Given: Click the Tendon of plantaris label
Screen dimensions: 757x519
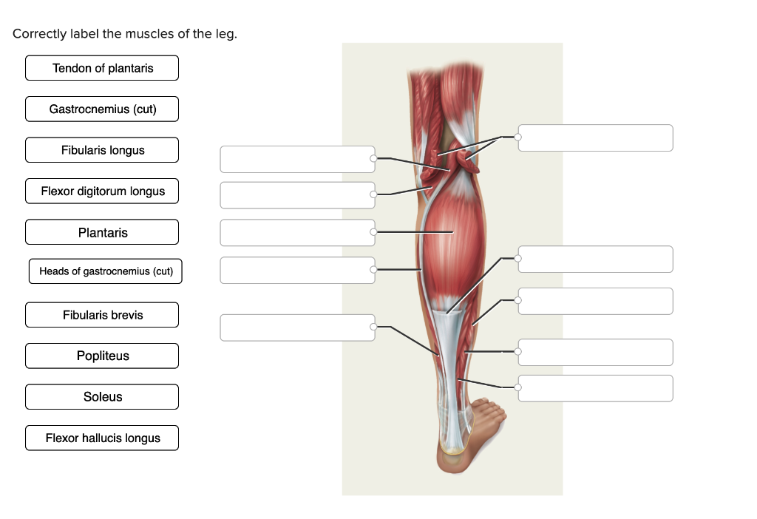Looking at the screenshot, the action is point(102,68).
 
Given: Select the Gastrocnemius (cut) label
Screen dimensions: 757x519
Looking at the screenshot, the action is point(102,109).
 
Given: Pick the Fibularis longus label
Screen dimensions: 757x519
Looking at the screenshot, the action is point(102,150).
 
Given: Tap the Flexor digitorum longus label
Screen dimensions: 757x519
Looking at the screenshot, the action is point(102,191).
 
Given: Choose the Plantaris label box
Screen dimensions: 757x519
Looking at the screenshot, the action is point(102,233).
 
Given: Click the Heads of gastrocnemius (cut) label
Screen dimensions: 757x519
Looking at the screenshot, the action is point(106,271).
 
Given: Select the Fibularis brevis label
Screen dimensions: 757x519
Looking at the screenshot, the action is point(102,315).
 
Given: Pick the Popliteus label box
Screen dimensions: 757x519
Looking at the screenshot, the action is point(102,356).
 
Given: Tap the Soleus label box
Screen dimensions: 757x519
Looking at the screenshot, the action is point(102,397).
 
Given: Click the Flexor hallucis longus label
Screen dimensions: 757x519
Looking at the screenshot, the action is point(102,438).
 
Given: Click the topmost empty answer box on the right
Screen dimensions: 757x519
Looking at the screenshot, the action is point(596,138).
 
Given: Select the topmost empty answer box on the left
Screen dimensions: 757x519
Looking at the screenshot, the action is point(297,159).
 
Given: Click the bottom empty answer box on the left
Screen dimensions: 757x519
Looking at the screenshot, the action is point(297,328).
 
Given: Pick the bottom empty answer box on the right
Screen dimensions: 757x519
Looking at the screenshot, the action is point(596,388).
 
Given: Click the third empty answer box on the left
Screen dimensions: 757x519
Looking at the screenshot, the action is point(297,232).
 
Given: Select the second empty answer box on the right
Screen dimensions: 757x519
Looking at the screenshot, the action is point(596,259).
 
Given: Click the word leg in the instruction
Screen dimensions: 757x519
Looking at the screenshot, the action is point(226,35).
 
